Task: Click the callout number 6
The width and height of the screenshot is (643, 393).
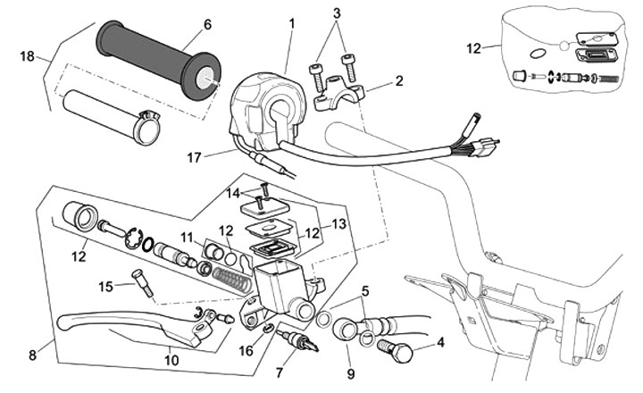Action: click(207, 25)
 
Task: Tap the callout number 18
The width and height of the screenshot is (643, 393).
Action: click(28, 56)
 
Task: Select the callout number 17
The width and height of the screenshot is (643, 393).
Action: click(194, 157)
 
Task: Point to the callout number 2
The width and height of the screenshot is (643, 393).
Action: click(399, 80)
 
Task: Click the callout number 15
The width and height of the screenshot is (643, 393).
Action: click(105, 287)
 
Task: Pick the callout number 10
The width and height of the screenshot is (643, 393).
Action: click(171, 360)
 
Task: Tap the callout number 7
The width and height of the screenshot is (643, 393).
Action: click(280, 372)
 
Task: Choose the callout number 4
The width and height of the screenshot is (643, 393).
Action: click(440, 342)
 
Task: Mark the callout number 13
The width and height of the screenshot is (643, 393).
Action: click(339, 224)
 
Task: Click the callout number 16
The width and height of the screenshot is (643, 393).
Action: click(246, 351)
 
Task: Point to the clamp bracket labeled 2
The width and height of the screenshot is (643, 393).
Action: click(339, 93)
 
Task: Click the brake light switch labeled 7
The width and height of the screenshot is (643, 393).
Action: click(298, 339)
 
